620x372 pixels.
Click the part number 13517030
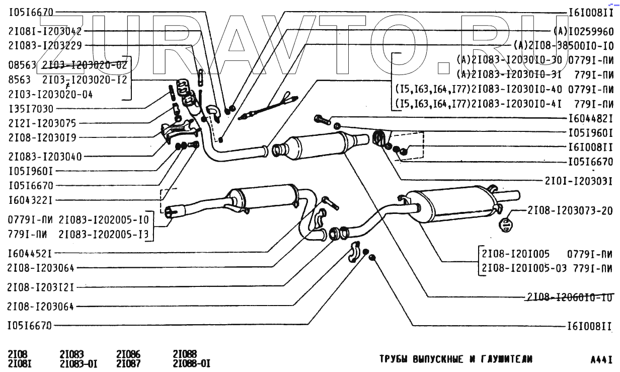[x=31, y=109]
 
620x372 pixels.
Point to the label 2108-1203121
[x=41, y=287]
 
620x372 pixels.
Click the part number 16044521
[x=31, y=253]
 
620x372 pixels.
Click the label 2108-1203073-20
[x=570, y=210]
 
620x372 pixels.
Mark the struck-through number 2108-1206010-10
[x=570, y=297]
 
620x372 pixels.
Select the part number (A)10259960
[x=584, y=31]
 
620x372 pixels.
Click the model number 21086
[x=128, y=354]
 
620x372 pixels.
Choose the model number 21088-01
[x=191, y=363]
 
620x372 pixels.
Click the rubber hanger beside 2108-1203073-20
[x=504, y=224]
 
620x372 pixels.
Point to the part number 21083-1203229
[x=45, y=45]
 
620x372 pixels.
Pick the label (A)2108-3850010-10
[x=564, y=45]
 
